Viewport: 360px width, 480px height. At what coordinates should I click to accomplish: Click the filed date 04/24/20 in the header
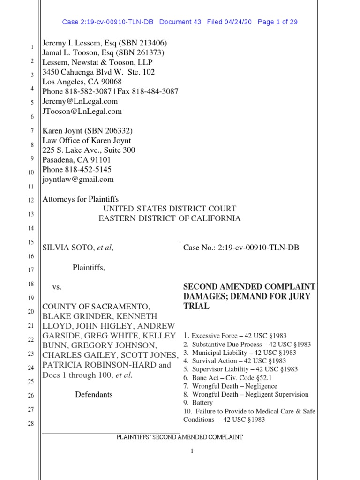pyautogui.click(x=239, y=22)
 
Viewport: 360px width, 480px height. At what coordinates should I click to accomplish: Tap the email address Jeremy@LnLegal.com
pyautogui.click(x=80, y=101)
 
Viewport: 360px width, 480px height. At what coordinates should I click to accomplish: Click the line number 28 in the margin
pyautogui.click(x=31, y=423)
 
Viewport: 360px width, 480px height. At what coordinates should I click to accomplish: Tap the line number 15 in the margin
pyautogui.click(x=31, y=242)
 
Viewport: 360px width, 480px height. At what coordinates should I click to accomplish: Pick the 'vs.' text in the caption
pyautogui.click(x=57, y=286)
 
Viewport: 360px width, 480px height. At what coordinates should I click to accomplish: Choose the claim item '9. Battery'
pyautogui.click(x=198, y=403)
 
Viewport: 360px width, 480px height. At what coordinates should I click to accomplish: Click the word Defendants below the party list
pyautogui.click(x=94, y=394)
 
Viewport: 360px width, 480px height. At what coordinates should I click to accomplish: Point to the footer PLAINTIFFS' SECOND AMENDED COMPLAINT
pyautogui.click(x=180, y=437)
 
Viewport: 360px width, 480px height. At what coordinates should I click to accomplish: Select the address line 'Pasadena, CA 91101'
pyautogui.click(x=77, y=160)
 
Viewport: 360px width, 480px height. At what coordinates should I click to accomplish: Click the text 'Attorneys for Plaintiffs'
pyautogui.click(x=81, y=199)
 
